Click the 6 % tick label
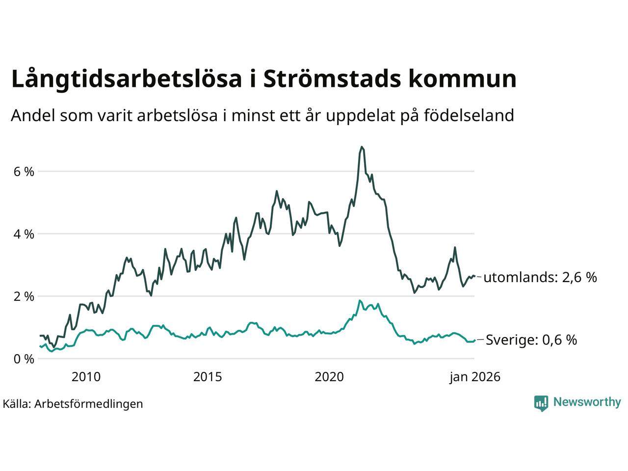[24, 172]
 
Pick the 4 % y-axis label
[24, 234]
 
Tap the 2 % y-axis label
[24, 296]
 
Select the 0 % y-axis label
[24, 359]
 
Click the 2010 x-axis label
[86, 377]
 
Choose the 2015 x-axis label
[208, 377]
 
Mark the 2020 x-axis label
[329, 377]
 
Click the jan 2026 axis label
[474, 377]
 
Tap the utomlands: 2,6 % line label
[540, 278]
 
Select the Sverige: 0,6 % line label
[531, 340]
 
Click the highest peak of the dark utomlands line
[362, 147]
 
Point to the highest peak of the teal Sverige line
[360, 300]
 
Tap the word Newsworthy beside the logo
[587, 402]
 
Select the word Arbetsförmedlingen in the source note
[89, 404]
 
